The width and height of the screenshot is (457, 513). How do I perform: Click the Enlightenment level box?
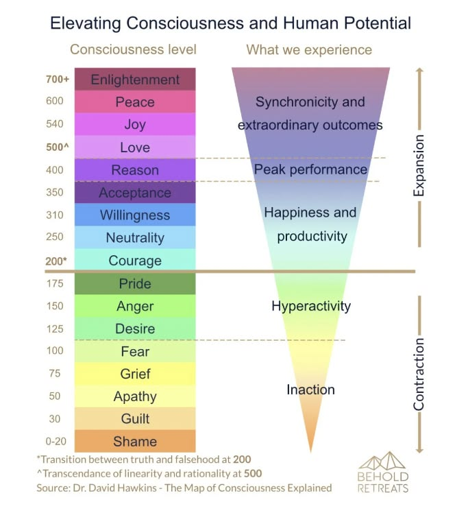click(135, 80)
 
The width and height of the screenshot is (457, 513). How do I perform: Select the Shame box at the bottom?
click(135, 441)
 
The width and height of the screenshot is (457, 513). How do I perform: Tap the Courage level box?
click(135, 261)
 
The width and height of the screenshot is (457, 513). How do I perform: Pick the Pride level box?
click(135, 283)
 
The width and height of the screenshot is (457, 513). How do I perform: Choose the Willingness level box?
click(135, 215)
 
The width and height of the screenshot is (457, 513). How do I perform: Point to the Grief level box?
click(135, 374)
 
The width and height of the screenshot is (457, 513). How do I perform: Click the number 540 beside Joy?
click(55, 124)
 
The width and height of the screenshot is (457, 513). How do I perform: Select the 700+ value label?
click(55, 80)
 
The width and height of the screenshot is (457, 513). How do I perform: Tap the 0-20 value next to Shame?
click(55, 441)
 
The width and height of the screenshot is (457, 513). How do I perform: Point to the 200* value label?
click(55, 261)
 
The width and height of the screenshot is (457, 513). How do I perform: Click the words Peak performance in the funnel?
click(310, 169)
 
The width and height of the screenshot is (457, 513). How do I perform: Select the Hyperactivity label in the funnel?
click(310, 306)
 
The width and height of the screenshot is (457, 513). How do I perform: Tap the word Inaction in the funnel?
click(310, 390)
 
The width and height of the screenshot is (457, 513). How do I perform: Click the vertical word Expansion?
click(419, 165)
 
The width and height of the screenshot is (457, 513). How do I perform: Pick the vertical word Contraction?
click(419, 374)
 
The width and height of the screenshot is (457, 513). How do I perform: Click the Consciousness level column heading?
click(133, 49)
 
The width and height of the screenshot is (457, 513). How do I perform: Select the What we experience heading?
click(309, 49)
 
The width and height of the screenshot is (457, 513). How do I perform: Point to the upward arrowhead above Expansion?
click(419, 71)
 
